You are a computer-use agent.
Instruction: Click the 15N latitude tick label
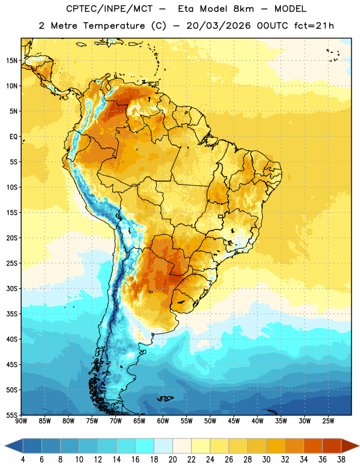[x=12, y=61]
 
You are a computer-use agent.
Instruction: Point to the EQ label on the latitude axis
[x=13, y=137]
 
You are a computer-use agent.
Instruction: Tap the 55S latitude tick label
[x=12, y=415]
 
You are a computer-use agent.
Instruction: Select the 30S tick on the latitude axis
[x=12, y=288]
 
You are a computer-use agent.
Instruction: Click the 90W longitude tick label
[x=21, y=421]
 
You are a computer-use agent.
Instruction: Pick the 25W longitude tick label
[x=328, y=421]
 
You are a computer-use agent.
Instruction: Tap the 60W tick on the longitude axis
[x=163, y=421]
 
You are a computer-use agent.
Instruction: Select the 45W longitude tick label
[x=234, y=421]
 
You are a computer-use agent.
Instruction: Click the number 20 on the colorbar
[x=172, y=460]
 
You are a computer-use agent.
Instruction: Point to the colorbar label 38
[x=341, y=460]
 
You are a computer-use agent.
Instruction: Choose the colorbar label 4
[x=23, y=460]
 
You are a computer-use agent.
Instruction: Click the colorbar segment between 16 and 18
[x=145, y=446]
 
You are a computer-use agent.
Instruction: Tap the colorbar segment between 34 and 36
[x=313, y=446]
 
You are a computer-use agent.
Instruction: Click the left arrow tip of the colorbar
[x=5, y=446]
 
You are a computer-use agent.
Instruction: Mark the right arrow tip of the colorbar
[x=359, y=446]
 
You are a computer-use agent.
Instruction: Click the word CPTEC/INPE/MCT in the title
[x=110, y=9]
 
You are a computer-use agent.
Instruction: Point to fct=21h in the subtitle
[x=314, y=26]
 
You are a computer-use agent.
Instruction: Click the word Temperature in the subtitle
[x=114, y=26]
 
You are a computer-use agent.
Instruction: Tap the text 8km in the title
[x=243, y=9]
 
